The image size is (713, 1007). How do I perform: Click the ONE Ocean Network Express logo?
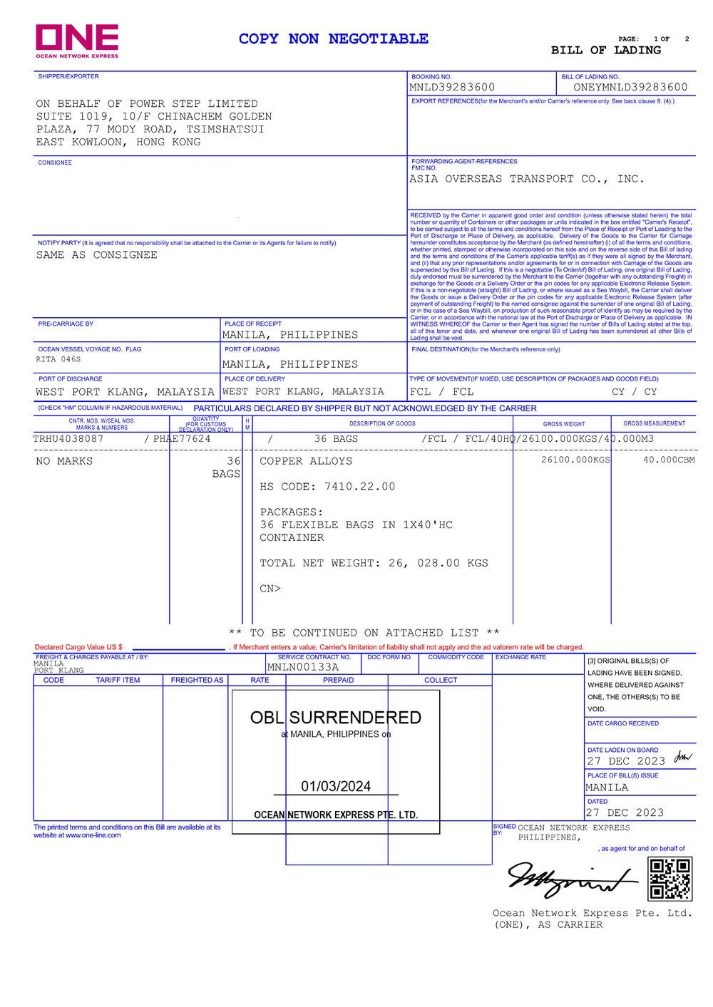point(77,41)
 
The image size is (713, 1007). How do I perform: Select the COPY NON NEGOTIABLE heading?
point(333,38)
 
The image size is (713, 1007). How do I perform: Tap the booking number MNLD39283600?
point(452,87)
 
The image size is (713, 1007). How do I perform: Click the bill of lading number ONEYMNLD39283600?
point(630,87)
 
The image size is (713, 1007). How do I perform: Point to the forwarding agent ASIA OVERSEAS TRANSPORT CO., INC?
point(526,179)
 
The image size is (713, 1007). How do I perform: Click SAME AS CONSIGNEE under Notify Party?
point(97,254)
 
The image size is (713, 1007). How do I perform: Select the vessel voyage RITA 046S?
point(58,359)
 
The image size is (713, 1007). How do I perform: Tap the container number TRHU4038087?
point(68,438)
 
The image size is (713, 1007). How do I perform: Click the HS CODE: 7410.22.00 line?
point(327,486)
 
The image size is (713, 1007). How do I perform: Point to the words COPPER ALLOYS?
point(306,461)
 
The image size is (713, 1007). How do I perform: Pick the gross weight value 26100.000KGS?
point(575,460)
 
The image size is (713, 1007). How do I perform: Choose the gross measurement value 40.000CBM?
point(669,460)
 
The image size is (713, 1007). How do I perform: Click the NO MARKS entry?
point(64,461)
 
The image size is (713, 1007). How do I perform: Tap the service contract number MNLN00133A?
point(303,667)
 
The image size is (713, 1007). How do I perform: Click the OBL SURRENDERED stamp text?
point(336,717)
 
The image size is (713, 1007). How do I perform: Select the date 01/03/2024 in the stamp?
point(336,786)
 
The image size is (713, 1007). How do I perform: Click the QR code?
point(670,879)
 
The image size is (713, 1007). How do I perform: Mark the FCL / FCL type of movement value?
point(441,391)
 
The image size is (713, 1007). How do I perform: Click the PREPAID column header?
point(338,680)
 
